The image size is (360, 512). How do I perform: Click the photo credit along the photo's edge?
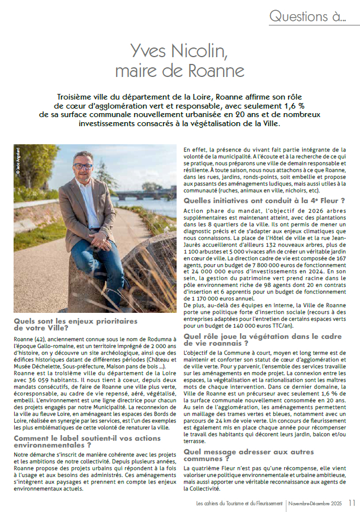[18, 159]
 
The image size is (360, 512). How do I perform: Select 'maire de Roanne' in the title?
[179, 71]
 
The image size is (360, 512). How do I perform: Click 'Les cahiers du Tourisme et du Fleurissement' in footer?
[235, 503]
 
